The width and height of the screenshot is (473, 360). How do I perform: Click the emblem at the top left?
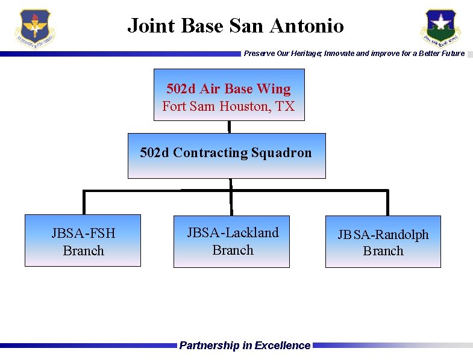36,29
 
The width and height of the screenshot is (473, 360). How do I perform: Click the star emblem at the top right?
440,28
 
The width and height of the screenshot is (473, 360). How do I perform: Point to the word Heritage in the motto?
304,54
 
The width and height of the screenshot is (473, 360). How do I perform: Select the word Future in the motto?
453,54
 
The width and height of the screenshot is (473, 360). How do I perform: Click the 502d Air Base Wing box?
229,95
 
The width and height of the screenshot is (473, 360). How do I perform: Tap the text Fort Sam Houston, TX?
229,107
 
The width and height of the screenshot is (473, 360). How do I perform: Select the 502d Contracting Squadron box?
227,156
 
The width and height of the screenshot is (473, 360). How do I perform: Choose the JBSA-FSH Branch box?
83,241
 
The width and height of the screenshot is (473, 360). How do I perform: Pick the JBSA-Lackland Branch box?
232,241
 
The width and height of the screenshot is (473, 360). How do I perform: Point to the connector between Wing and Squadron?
229,127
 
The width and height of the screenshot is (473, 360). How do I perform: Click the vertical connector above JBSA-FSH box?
84,203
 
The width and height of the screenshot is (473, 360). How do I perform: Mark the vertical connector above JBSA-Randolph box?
387,203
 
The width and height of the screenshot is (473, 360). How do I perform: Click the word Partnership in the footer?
210,346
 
